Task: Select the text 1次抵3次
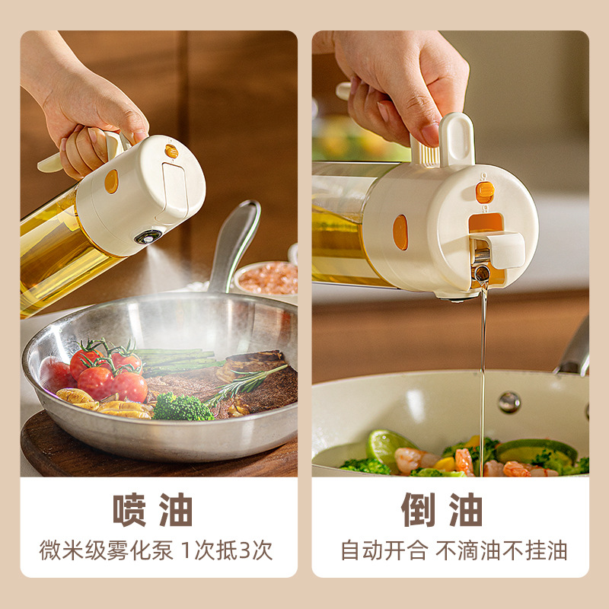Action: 227,550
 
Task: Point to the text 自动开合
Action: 384,550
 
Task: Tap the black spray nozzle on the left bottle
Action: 147,237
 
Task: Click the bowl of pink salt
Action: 266,279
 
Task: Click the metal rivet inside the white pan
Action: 509,401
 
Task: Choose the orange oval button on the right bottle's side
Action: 400,232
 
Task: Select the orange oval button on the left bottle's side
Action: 111,181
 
